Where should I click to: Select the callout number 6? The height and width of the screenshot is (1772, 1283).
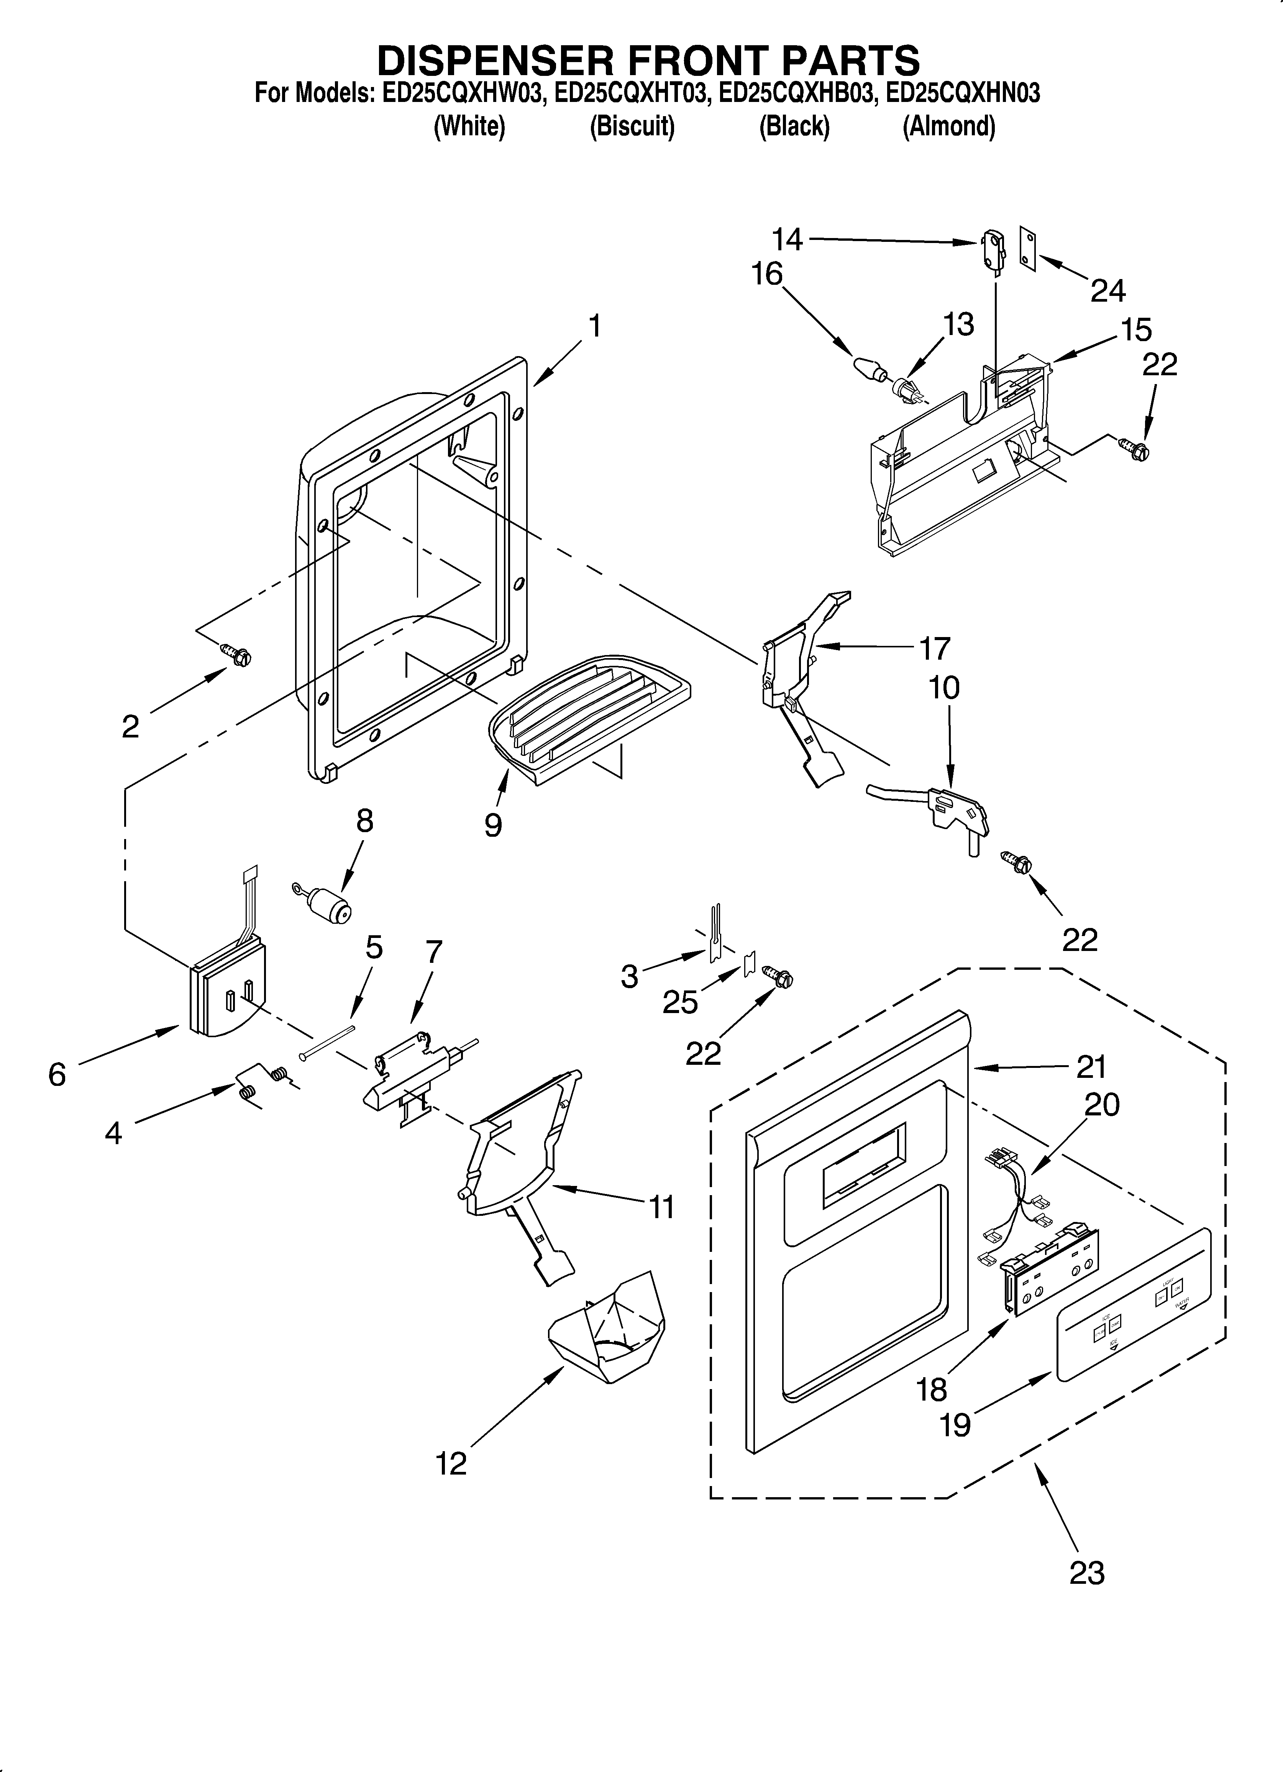click(57, 1075)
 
